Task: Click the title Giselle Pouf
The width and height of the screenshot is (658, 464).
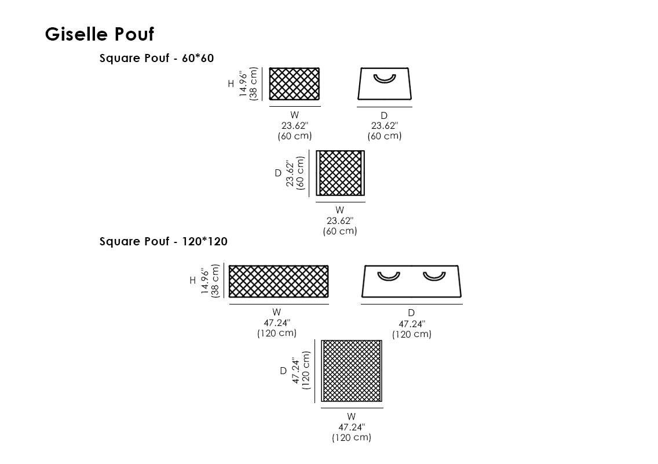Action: tap(100, 34)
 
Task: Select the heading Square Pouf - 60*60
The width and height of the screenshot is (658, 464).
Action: tap(157, 58)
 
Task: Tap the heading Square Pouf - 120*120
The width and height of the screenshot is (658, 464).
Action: tap(163, 242)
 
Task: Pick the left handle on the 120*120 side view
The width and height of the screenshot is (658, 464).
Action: tap(389, 275)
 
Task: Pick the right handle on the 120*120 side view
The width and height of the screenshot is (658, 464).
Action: tap(434, 275)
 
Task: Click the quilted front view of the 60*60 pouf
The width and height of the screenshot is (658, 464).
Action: tap(294, 84)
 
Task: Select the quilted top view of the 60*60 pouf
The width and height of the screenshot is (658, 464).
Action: tap(341, 173)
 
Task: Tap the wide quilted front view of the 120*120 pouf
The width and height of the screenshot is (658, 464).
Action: tap(279, 281)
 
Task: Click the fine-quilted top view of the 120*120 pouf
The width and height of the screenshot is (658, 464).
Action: tap(352, 371)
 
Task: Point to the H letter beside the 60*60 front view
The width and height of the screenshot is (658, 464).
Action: tap(231, 84)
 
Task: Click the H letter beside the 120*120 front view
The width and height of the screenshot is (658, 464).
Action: tap(192, 281)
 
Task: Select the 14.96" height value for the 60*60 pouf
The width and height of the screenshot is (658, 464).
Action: tap(243, 84)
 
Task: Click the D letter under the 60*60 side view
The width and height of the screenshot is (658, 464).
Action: tap(384, 116)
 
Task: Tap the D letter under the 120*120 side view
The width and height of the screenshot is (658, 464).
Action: tap(411, 313)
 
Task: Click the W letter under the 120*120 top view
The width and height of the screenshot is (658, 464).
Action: tap(352, 416)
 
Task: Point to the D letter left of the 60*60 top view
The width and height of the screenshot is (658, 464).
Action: tap(277, 173)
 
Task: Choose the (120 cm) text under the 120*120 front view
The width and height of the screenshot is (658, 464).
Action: tap(277, 333)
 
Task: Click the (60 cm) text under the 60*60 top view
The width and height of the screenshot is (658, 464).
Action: tap(340, 231)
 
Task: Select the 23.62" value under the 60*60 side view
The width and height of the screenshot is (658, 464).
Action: tap(384, 126)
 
